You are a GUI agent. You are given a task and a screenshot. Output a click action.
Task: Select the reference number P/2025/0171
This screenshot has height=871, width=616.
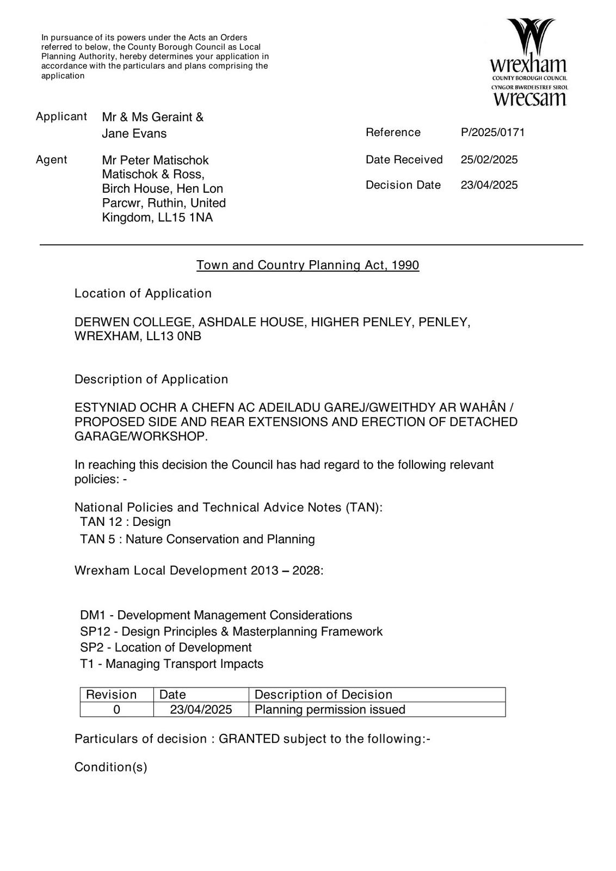(x=492, y=132)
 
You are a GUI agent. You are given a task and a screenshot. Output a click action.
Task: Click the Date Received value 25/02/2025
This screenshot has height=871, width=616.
(x=489, y=160)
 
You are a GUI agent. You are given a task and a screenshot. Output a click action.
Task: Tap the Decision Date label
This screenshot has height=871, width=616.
(x=403, y=185)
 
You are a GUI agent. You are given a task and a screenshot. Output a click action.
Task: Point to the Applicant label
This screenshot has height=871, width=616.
(x=61, y=116)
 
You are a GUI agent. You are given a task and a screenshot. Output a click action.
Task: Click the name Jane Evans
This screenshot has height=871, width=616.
(x=134, y=133)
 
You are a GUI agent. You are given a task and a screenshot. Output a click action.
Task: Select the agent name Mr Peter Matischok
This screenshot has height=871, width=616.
(x=155, y=160)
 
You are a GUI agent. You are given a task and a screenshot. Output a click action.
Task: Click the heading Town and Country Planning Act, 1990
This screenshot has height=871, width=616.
(x=307, y=265)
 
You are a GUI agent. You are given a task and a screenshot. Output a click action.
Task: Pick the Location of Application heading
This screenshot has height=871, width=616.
(x=143, y=293)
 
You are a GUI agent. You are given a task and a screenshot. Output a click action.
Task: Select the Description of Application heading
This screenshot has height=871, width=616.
(x=151, y=379)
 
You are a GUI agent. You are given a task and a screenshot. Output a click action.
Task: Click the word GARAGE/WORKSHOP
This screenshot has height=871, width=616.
(x=140, y=437)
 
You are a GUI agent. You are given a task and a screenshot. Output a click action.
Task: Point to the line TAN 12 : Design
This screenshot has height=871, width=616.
(x=125, y=522)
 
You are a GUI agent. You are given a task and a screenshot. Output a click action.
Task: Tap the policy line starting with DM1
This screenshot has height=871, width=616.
(x=215, y=615)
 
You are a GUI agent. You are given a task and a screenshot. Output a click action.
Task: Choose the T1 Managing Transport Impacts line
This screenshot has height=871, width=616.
(x=171, y=664)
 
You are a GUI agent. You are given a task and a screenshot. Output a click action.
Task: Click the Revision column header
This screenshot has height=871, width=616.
(x=111, y=695)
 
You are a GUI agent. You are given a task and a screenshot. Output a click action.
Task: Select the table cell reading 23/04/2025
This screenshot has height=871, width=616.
(x=201, y=709)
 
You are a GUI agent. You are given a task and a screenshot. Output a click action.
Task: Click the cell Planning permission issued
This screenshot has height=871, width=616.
(x=330, y=709)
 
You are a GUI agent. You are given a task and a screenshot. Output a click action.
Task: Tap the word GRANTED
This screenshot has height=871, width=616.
(x=249, y=739)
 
